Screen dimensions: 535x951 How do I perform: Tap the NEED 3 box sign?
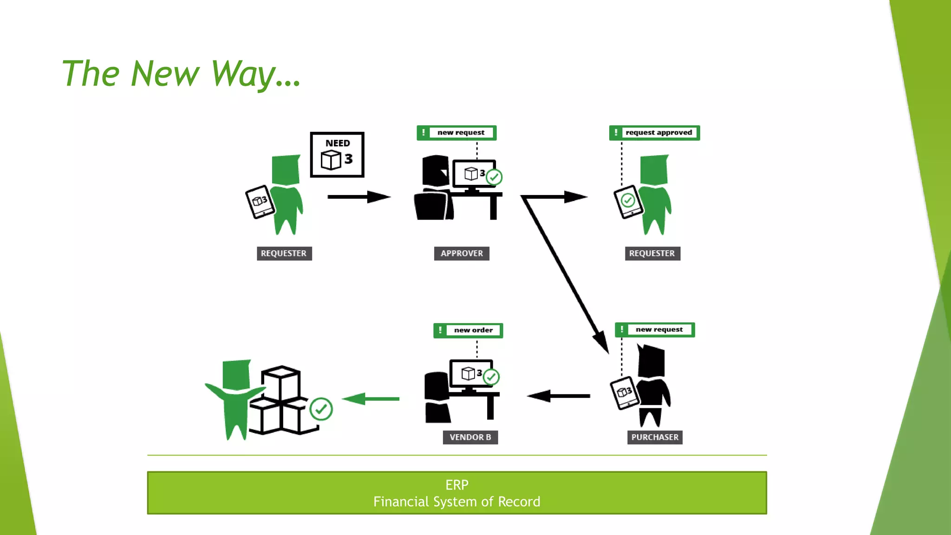[x=337, y=155]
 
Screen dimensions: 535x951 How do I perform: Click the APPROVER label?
[x=462, y=254]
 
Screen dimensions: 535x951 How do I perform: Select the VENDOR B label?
[x=470, y=437]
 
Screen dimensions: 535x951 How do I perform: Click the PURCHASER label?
[x=655, y=437]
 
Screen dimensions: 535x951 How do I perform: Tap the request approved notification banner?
[x=654, y=133]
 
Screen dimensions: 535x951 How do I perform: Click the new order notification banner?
[x=468, y=331]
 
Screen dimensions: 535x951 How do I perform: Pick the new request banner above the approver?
[x=456, y=133]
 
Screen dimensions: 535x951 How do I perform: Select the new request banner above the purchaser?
[x=655, y=330]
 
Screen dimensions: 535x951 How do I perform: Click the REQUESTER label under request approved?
[x=652, y=254]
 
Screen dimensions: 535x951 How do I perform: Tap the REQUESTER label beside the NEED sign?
[x=284, y=254]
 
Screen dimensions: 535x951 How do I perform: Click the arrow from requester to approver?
[x=358, y=197]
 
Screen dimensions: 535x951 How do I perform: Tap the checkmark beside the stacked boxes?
[x=321, y=409]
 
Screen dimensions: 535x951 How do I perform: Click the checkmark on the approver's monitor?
[x=494, y=177]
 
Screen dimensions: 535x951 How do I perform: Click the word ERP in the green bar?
[x=456, y=485]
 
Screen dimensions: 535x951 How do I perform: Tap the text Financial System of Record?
[x=456, y=502]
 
